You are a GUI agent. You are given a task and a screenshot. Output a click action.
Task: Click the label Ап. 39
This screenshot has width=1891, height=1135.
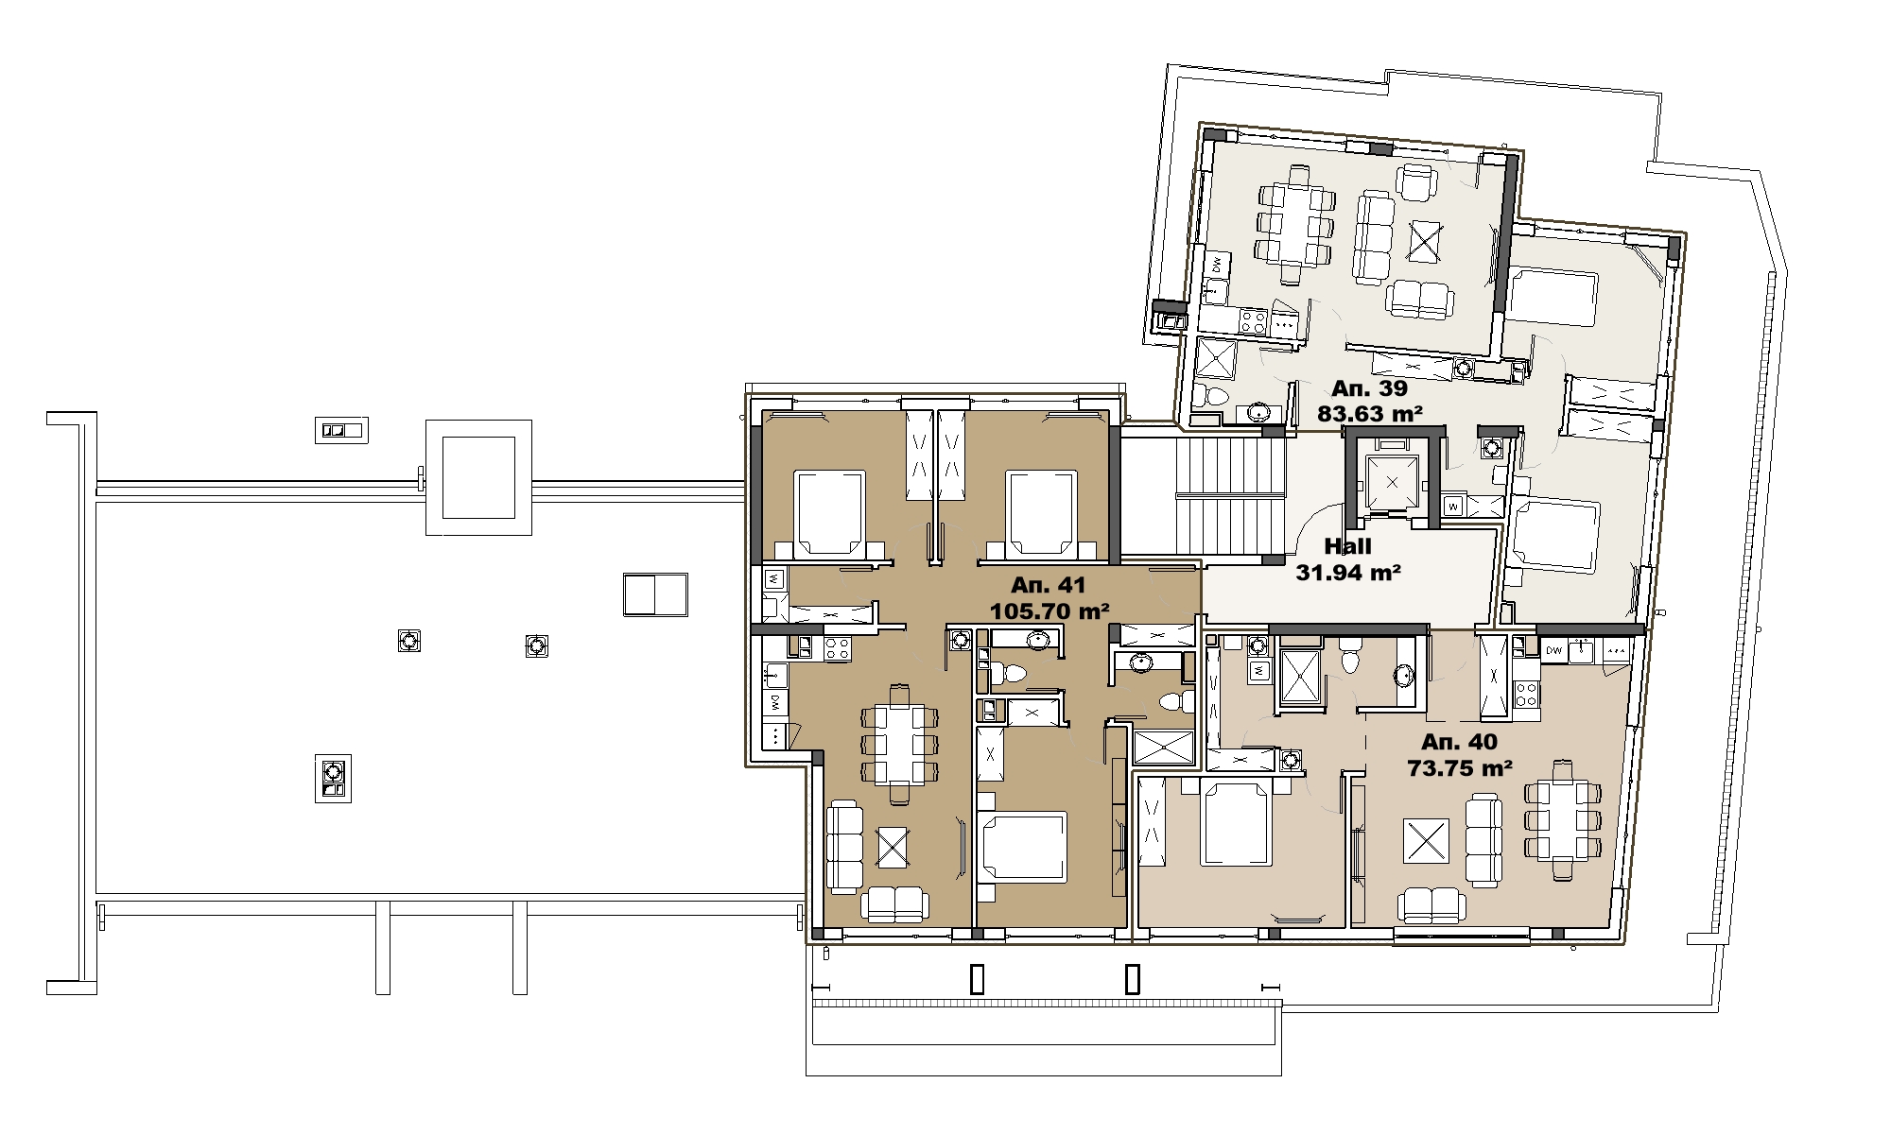[x=1369, y=388]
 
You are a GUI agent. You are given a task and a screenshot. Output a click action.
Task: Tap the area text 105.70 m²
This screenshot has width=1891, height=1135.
[x=1050, y=611]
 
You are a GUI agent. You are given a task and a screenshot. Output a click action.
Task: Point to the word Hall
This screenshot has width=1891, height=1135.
[x=1347, y=546]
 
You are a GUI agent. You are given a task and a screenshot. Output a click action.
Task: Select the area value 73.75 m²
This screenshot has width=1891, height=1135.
[x=1460, y=768]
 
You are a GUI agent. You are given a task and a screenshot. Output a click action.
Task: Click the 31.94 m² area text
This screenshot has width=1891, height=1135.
[x=1348, y=572]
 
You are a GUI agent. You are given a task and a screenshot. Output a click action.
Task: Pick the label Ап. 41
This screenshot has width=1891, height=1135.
[x=1049, y=585]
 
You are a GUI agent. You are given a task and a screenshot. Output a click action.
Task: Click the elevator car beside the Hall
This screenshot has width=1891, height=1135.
[x=1392, y=483]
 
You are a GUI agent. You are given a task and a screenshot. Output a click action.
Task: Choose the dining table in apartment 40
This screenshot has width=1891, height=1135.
[x=1562, y=818]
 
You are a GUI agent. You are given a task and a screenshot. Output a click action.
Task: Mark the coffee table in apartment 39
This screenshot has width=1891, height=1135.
[x=1423, y=241]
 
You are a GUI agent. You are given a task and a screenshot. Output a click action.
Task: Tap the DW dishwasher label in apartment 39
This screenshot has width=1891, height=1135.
[x=1217, y=265]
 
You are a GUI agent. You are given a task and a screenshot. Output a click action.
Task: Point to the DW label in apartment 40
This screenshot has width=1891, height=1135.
[x=1554, y=650]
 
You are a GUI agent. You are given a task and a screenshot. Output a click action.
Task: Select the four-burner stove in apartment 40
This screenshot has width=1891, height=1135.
[x=1526, y=695]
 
